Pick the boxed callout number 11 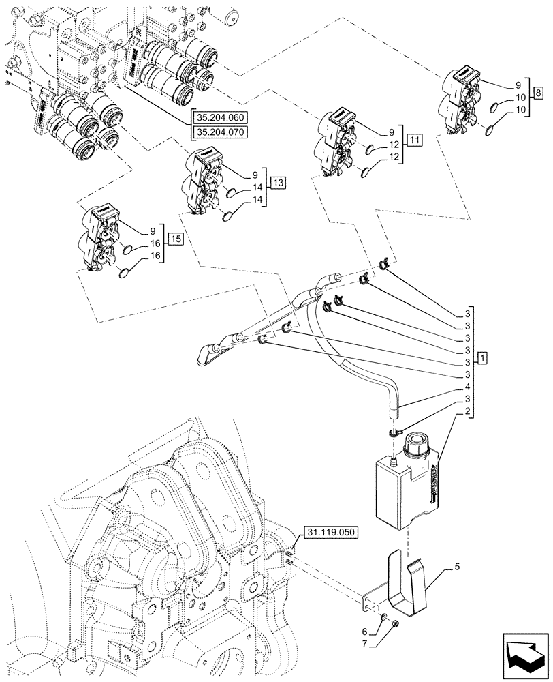[415, 141]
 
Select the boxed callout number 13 [278, 182]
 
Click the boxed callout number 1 [482, 357]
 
